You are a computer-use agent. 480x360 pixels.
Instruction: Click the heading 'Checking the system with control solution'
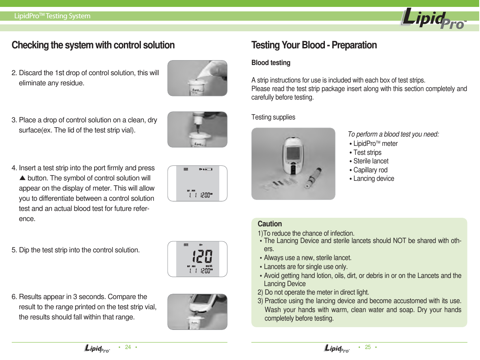(93, 45)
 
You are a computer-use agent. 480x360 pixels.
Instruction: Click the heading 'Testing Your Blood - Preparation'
(314, 45)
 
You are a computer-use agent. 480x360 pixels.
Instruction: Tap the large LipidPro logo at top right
(433, 20)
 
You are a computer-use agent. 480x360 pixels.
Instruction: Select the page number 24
(128, 347)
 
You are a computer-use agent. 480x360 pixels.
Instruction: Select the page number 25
(368, 347)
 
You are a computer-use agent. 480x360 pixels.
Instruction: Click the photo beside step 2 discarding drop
(197, 78)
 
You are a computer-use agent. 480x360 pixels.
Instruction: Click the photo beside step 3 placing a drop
(197, 129)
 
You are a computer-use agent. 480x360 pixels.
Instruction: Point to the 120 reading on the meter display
(202, 257)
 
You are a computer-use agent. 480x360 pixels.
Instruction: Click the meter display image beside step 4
(197, 183)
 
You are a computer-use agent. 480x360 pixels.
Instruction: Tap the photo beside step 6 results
(197, 312)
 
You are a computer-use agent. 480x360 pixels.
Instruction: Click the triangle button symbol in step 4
(23, 178)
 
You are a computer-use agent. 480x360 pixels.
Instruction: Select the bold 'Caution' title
(270, 224)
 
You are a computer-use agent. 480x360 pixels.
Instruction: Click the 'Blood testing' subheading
(271, 63)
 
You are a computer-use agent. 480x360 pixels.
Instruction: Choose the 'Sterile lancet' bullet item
(370, 161)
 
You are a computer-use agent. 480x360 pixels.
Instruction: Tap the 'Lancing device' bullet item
(373, 179)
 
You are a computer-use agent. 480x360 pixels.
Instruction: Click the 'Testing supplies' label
(273, 117)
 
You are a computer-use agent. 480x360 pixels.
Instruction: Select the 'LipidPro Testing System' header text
(52, 16)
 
